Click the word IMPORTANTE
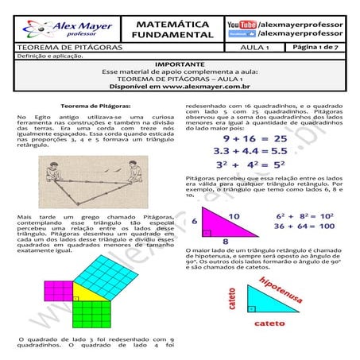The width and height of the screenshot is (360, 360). click(x=180, y=63)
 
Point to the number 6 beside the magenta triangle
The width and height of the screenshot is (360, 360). click(x=195, y=223)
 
